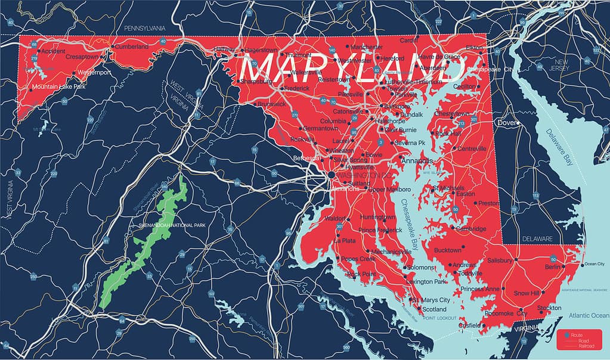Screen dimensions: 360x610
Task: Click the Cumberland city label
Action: tap(132, 46)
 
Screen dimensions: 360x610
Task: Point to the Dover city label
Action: tap(506, 123)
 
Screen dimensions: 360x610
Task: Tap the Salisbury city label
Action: tap(500, 260)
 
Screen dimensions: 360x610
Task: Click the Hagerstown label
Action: tap(262, 49)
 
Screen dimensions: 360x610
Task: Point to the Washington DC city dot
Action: tap(331, 175)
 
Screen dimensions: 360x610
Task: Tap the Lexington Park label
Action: tap(426, 281)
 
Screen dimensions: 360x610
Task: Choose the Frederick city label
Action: tap(297, 88)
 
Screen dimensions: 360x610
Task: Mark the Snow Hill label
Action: tap(527, 293)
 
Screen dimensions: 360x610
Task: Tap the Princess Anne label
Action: tap(480, 289)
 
